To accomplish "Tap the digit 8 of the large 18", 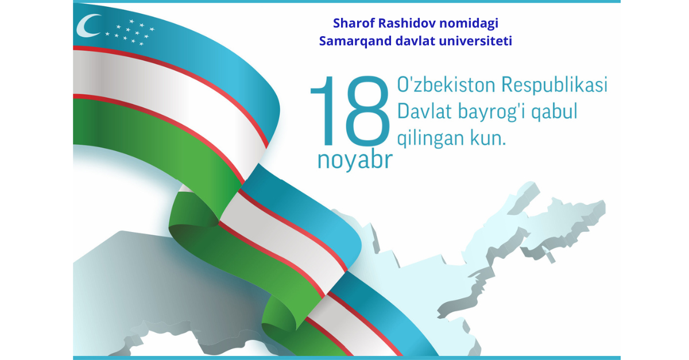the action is click(367, 111).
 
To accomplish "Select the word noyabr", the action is click(355, 160).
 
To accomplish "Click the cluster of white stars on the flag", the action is click(130, 32).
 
